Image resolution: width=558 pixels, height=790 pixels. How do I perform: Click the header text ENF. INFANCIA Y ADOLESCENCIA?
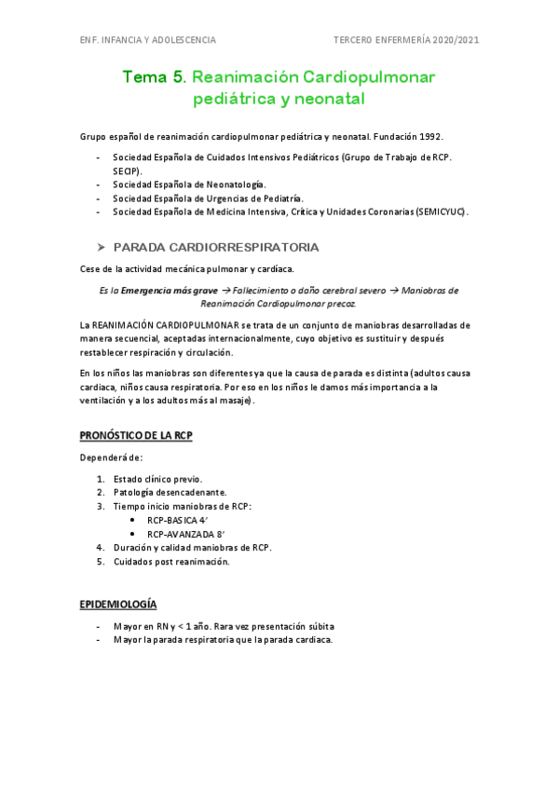tap(148, 40)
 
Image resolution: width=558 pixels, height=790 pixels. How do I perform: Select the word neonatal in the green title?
tap(327, 97)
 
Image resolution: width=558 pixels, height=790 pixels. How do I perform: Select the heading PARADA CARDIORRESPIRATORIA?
tap(215, 247)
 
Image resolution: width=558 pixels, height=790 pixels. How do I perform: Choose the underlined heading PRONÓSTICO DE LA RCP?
tap(136, 435)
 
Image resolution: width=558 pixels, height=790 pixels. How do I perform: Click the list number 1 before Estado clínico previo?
tap(101, 479)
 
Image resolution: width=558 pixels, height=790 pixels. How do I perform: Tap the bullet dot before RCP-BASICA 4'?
tap(134, 520)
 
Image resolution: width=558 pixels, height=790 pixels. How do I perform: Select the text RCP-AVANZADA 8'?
tap(186, 534)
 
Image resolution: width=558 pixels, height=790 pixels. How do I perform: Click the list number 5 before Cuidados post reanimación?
tap(101, 562)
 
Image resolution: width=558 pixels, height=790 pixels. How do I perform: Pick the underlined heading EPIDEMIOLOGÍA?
tap(118, 605)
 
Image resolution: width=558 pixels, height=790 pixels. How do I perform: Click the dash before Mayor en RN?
tap(99, 626)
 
